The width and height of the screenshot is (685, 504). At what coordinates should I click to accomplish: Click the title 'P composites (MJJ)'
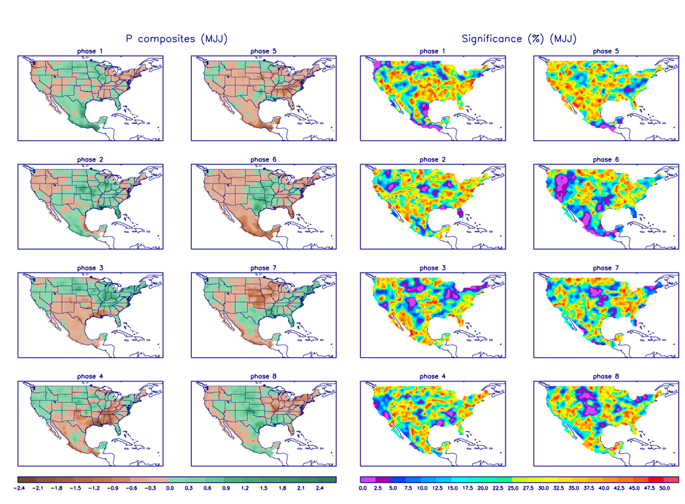pyautogui.click(x=176, y=39)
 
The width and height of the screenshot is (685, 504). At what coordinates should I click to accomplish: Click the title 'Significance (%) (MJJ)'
pyautogui.click(x=519, y=39)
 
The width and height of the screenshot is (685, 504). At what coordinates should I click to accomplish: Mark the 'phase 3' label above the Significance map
pyautogui.click(x=433, y=268)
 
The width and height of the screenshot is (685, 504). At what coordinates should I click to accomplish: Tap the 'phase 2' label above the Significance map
pyautogui.click(x=433, y=160)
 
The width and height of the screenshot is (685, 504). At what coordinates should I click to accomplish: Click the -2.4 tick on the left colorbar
pyautogui.click(x=20, y=488)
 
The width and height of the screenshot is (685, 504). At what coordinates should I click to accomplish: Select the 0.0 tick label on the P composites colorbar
pyautogui.click(x=169, y=488)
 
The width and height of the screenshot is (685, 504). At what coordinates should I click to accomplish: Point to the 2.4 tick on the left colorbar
pyautogui.click(x=319, y=488)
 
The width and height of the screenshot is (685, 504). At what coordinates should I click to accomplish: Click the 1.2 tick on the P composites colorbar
pyautogui.click(x=245, y=488)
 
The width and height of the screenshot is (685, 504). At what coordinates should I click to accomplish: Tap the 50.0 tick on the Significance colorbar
pyautogui.click(x=664, y=488)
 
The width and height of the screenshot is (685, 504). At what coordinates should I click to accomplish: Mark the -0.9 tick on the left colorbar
pyautogui.click(x=113, y=488)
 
